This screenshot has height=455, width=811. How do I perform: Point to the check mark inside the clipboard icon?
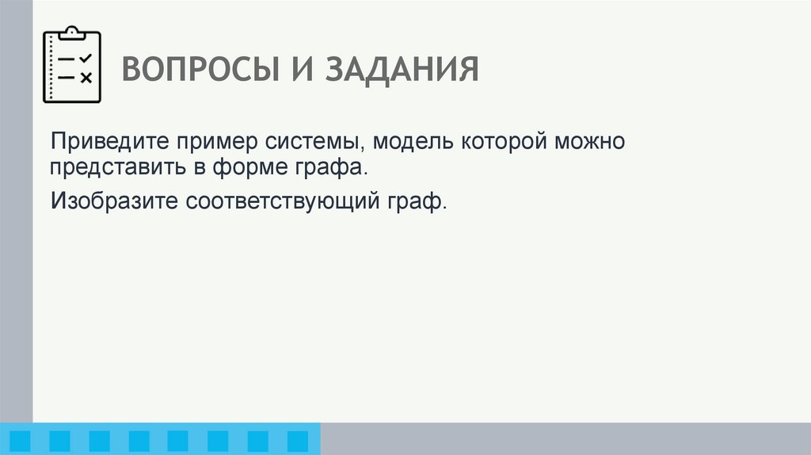[86, 59]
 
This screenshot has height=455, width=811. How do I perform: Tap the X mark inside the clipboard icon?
[86, 77]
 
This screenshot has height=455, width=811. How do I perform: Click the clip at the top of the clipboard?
[72, 32]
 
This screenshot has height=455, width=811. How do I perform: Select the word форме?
[255, 169]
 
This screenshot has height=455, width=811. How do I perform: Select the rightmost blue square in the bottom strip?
[297, 441]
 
